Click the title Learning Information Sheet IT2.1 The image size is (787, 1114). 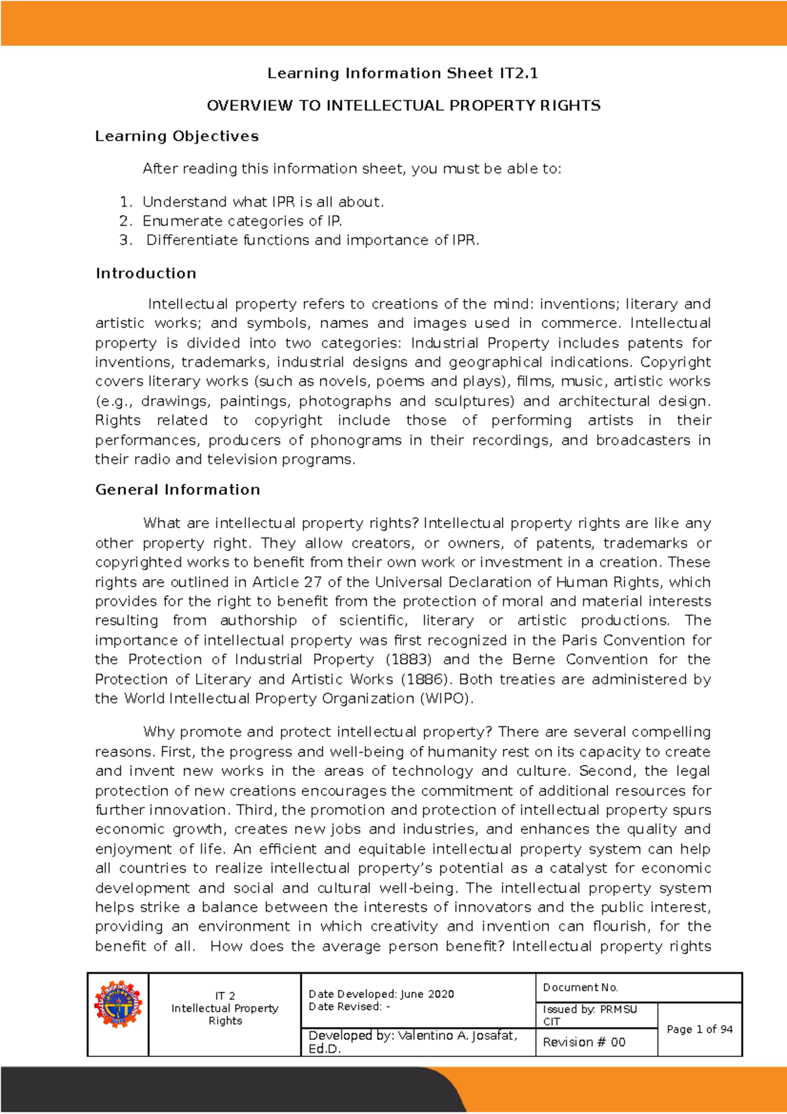tap(402, 73)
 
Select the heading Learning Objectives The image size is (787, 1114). tap(176, 136)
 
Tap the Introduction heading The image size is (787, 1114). tap(146, 274)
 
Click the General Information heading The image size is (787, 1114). tap(177, 490)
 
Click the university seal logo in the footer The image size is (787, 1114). tap(118, 1004)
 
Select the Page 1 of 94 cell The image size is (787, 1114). tap(699, 1029)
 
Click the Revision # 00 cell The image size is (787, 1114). tap(584, 1042)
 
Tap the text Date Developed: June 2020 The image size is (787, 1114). tap(381, 994)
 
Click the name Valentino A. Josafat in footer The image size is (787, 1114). tap(456, 1035)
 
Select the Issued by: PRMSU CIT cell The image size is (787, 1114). tap(590, 1015)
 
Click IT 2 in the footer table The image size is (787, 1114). tap(225, 995)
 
